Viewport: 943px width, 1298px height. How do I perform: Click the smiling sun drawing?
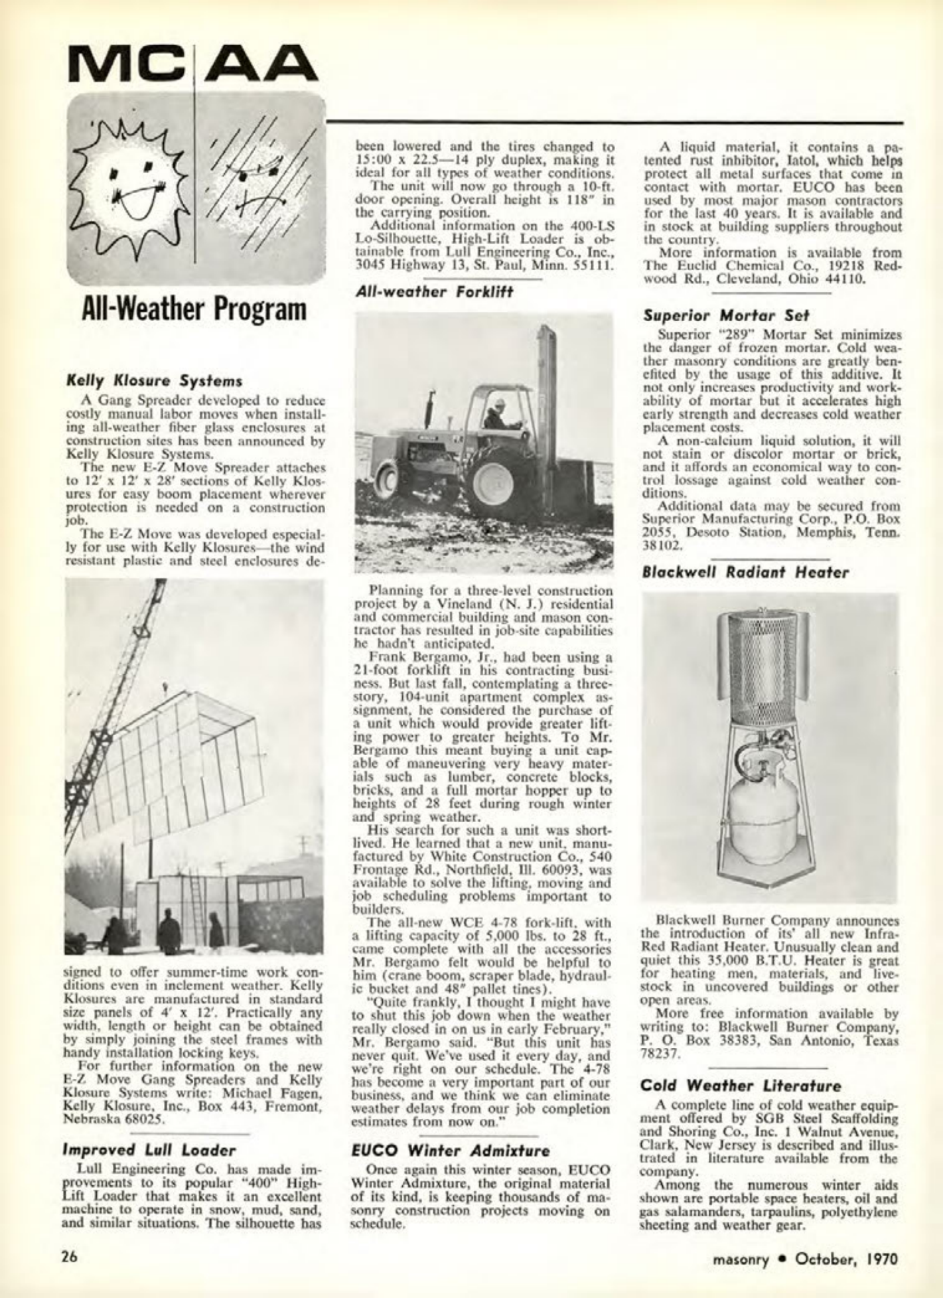click(136, 186)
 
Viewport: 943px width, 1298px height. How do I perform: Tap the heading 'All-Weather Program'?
click(193, 309)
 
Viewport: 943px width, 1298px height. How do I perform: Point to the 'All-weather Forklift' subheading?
click(434, 291)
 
